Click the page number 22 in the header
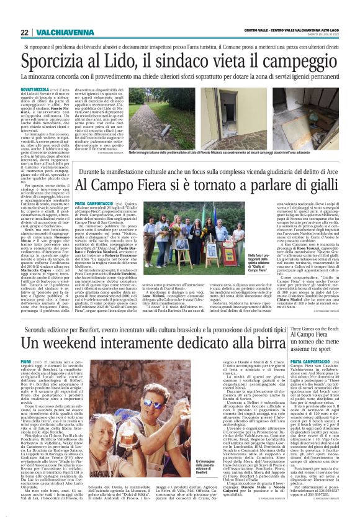[25, 32]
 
